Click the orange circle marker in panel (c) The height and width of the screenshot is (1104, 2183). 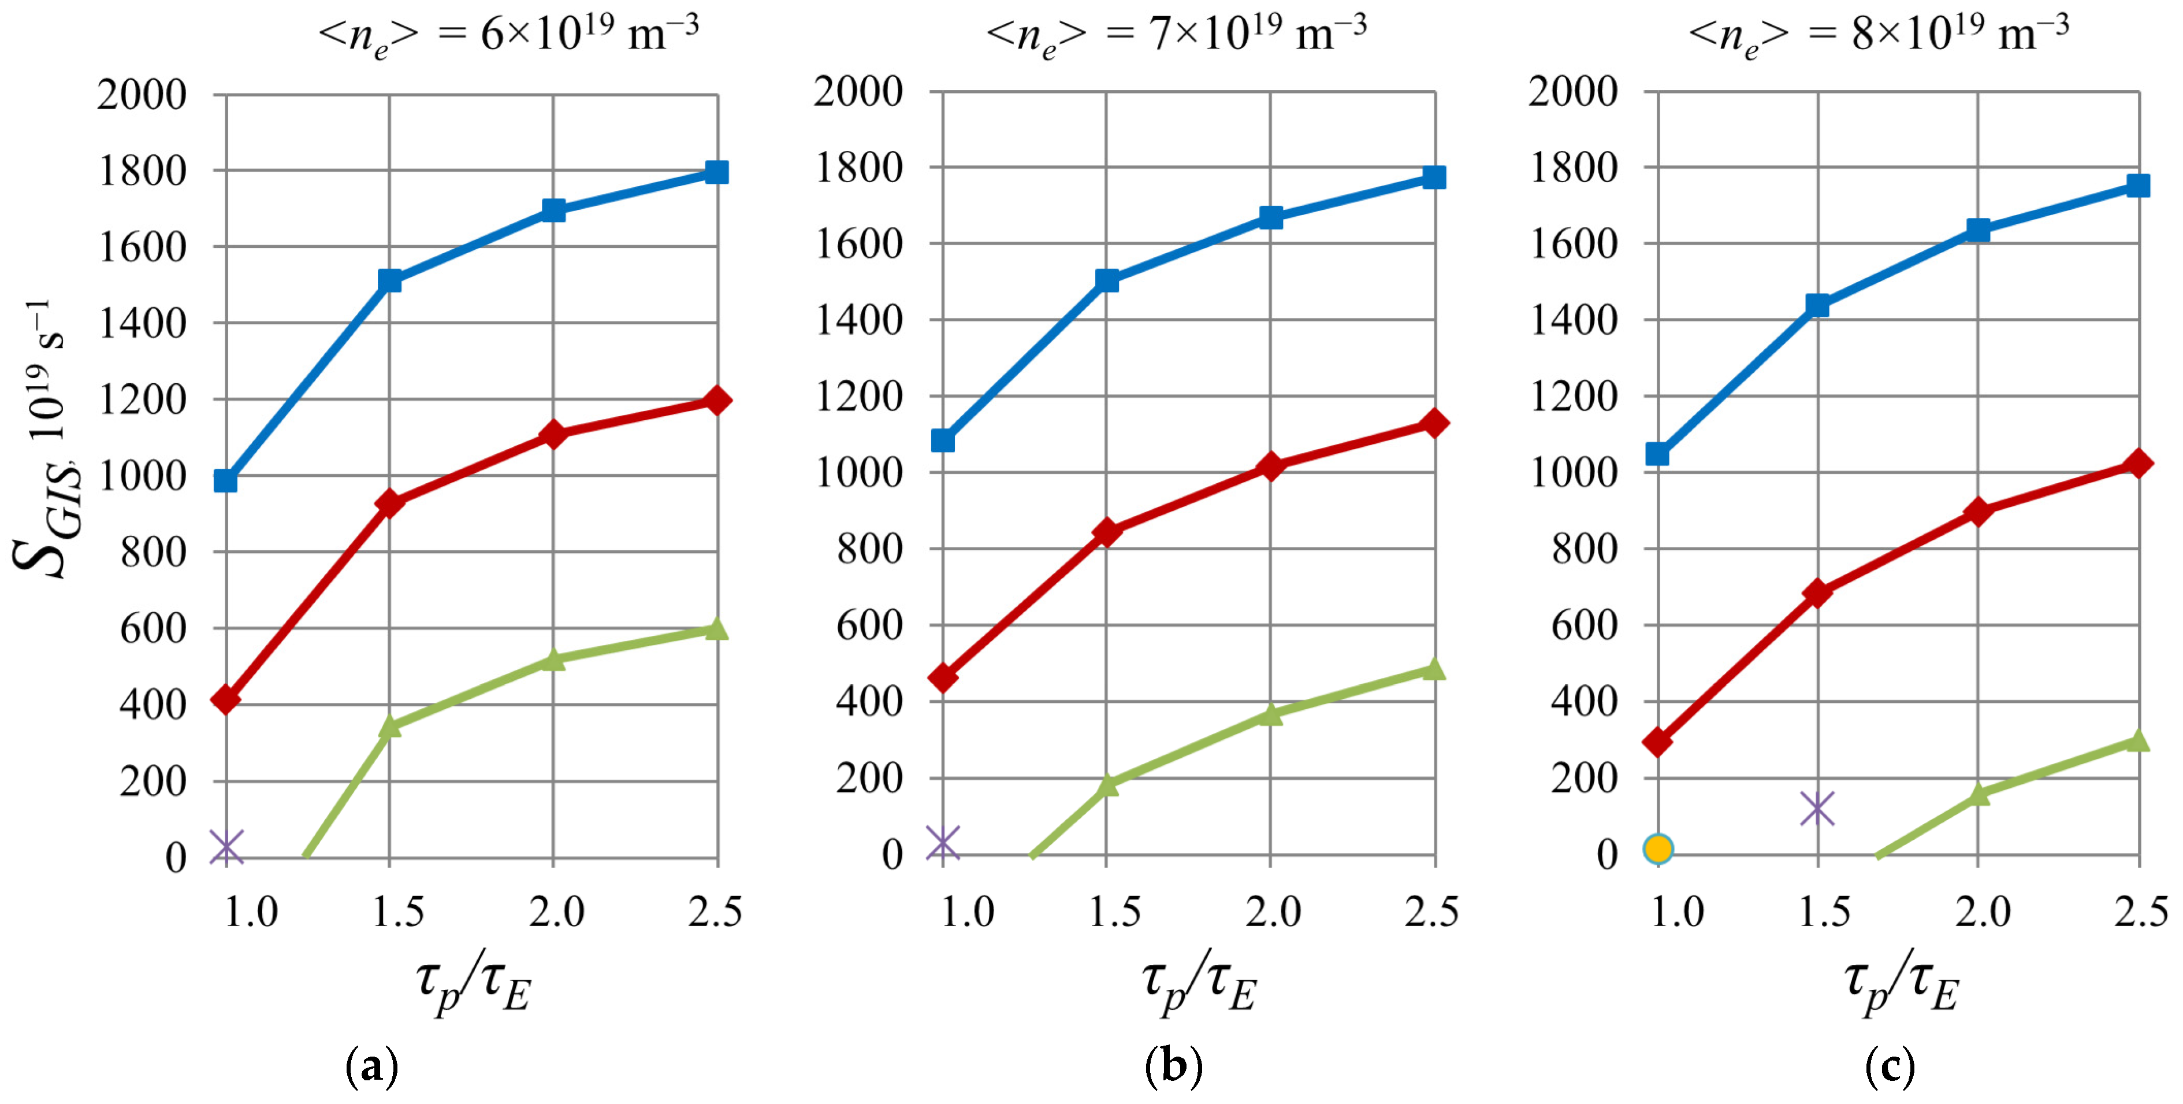pyautogui.click(x=1657, y=848)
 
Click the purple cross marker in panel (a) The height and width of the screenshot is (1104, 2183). pyautogui.click(x=226, y=846)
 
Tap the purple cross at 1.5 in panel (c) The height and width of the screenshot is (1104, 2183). pyautogui.click(x=1817, y=808)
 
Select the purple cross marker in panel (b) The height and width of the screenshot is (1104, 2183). pyautogui.click(x=942, y=843)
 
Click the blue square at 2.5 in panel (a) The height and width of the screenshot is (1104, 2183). pyautogui.click(x=717, y=172)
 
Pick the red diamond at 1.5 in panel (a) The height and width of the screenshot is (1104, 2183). pyautogui.click(x=390, y=503)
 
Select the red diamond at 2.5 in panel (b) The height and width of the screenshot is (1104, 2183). pyautogui.click(x=1434, y=423)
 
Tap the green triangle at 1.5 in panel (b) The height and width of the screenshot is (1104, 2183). pyautogui.click(x=1107, y=784)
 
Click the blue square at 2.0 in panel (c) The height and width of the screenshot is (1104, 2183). pyautogui.click(x=1978, y=230)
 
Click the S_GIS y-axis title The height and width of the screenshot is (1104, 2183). pyautogui.click(x=47, y=441)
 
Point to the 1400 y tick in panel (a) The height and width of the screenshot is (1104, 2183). pyautogui.click(x=142, y=323)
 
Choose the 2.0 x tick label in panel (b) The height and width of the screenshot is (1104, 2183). pyautogui.click(x=1272, y=912)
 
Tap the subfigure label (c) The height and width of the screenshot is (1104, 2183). pyautogui.click(x=1889, y=1066)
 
